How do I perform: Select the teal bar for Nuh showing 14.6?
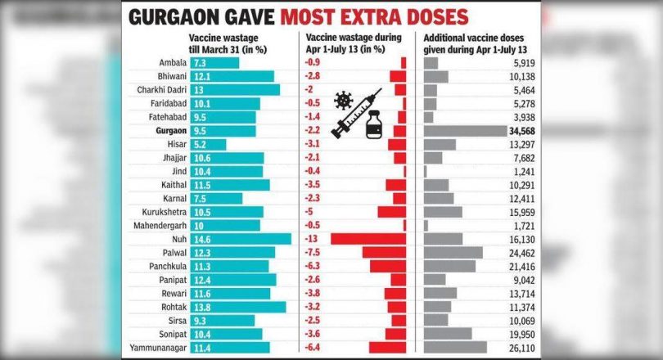(x=240, y=239)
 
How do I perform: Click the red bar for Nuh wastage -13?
(x=368, y=239)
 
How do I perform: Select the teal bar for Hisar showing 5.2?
(x=208, y=144)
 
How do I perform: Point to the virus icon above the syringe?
(x=342, y=101)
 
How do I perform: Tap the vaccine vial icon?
(x=376, y=127)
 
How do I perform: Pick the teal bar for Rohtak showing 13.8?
(x=238, y=307)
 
